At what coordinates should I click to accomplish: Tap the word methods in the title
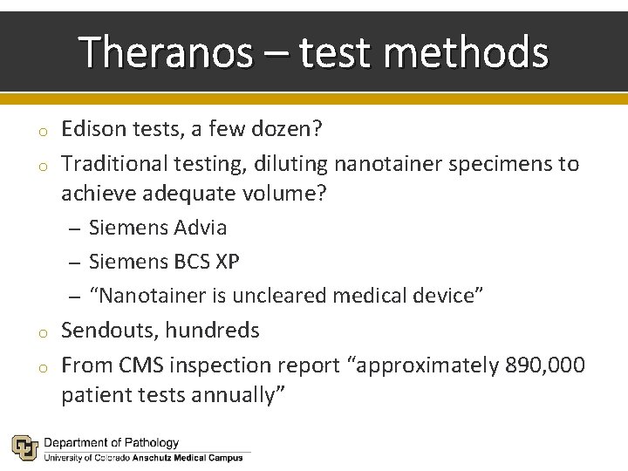click(x=466, y=52)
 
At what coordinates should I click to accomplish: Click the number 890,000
click(x=545, y=364)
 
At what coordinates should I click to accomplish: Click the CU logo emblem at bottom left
click(x=24, y=447)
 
